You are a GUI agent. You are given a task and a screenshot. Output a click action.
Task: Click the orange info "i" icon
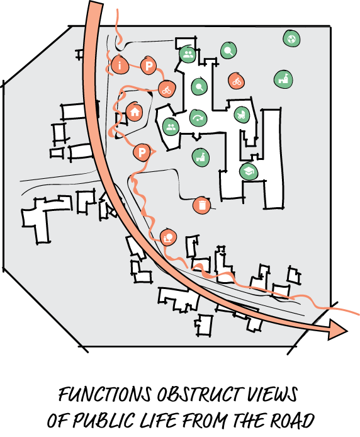click(x=120, y=65)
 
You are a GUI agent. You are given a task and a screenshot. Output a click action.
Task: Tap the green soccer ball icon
click(x=291, y=38)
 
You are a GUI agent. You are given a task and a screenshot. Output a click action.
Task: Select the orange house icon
click(x=135, y=111)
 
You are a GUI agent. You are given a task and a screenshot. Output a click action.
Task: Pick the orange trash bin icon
click(x=201, y=205)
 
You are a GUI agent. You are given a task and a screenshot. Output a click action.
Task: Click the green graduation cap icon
click(x=249, y=171)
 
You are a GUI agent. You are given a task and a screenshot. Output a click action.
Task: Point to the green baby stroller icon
click(x=241, y=114)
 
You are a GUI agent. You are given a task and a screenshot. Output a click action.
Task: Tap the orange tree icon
click(x=168, y=237)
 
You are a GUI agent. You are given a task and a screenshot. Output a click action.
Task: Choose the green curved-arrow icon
click(x=198, y=118)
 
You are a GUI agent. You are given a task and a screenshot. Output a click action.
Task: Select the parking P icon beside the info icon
click(x=149, y=65)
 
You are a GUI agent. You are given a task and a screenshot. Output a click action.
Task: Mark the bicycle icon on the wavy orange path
click(x=167, y=89)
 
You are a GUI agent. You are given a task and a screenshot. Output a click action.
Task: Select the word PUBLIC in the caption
click(x=104, y=420)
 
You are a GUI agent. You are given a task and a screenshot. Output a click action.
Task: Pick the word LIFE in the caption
click(x=159, y=420)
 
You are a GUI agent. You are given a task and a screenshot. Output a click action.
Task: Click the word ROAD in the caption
click(x=292, y=420)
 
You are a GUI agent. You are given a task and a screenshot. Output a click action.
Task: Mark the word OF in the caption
click(x=58, y=420)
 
